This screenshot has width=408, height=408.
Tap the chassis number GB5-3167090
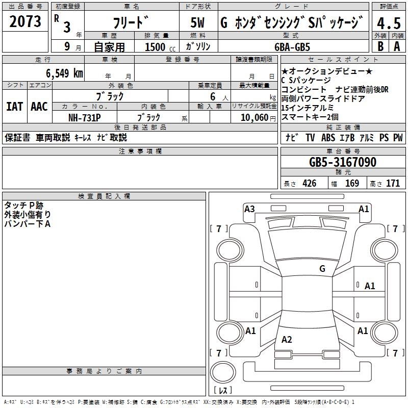pyautogui.click(x=343, y=163)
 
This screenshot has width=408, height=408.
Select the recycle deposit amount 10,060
pyautogui.click(x=251, y=117)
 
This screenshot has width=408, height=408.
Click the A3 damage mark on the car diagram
pyautogui.click(x=249, y=209)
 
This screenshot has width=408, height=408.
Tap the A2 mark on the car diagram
pyautogui.click(x=287, y=340)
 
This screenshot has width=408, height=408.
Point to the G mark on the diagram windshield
pyautogui.click(x=322, y=268)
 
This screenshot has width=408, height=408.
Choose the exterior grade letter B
pyautogui.click(x=380, y=46)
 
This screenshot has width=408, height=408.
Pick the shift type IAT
pyautogui.click(x=15, y=107)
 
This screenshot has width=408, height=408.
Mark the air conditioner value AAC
pyautogui.click(x=39, y=107)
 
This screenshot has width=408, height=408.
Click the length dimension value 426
pyautogui.click(x=309, y=184)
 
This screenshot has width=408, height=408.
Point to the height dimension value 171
pyautogui.click(x=393, y=184)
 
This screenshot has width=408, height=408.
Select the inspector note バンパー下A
pyautogui.click(x=28, y=224)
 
